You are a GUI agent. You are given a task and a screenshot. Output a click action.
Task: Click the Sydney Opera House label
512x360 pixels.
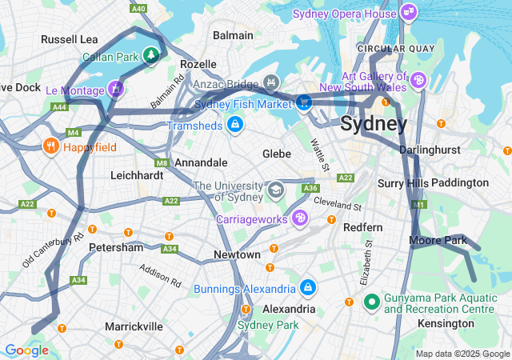point(344,14)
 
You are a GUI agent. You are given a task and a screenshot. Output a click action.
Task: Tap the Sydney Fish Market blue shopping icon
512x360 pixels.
point(304,102)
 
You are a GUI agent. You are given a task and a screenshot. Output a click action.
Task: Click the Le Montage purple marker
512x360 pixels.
point(116,88)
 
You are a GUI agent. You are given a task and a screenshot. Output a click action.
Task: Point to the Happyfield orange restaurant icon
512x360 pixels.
point(50,146)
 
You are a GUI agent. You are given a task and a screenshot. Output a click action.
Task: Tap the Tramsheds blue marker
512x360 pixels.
point(234,125)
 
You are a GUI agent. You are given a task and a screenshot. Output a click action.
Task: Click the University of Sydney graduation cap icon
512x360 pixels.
point(276,190)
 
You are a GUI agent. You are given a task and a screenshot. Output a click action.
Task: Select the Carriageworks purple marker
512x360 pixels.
point(299,217)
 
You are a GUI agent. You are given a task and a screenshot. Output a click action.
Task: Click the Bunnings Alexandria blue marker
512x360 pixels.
point(307,287)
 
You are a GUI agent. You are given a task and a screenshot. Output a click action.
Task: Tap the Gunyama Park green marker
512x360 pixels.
point(371,303)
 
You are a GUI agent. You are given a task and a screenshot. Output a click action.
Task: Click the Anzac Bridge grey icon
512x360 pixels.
point(271,81)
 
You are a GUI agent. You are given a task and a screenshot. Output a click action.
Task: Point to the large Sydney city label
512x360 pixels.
point(374,124)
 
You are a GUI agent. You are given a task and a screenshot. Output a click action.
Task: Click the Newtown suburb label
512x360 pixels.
point(237,254)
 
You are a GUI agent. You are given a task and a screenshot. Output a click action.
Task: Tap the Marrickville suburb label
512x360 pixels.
point(134,326)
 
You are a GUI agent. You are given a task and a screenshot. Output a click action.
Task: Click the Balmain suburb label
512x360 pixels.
point(233,35)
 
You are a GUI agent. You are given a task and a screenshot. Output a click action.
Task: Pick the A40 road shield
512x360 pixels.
point(138,8)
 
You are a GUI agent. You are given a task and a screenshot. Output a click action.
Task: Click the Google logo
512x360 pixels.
point(26,350)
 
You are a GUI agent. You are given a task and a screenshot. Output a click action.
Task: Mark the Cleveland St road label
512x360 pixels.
point(337,204)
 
